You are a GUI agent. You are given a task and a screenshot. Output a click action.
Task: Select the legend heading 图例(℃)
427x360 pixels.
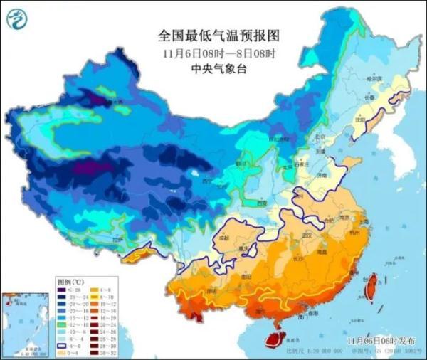pos(70,281)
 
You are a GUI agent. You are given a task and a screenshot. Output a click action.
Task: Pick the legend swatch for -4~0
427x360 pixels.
pos(63,344)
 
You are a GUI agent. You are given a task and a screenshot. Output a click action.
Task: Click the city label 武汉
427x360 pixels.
pos(307,234)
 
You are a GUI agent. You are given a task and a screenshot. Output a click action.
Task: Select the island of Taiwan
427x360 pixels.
pos(369,287)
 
